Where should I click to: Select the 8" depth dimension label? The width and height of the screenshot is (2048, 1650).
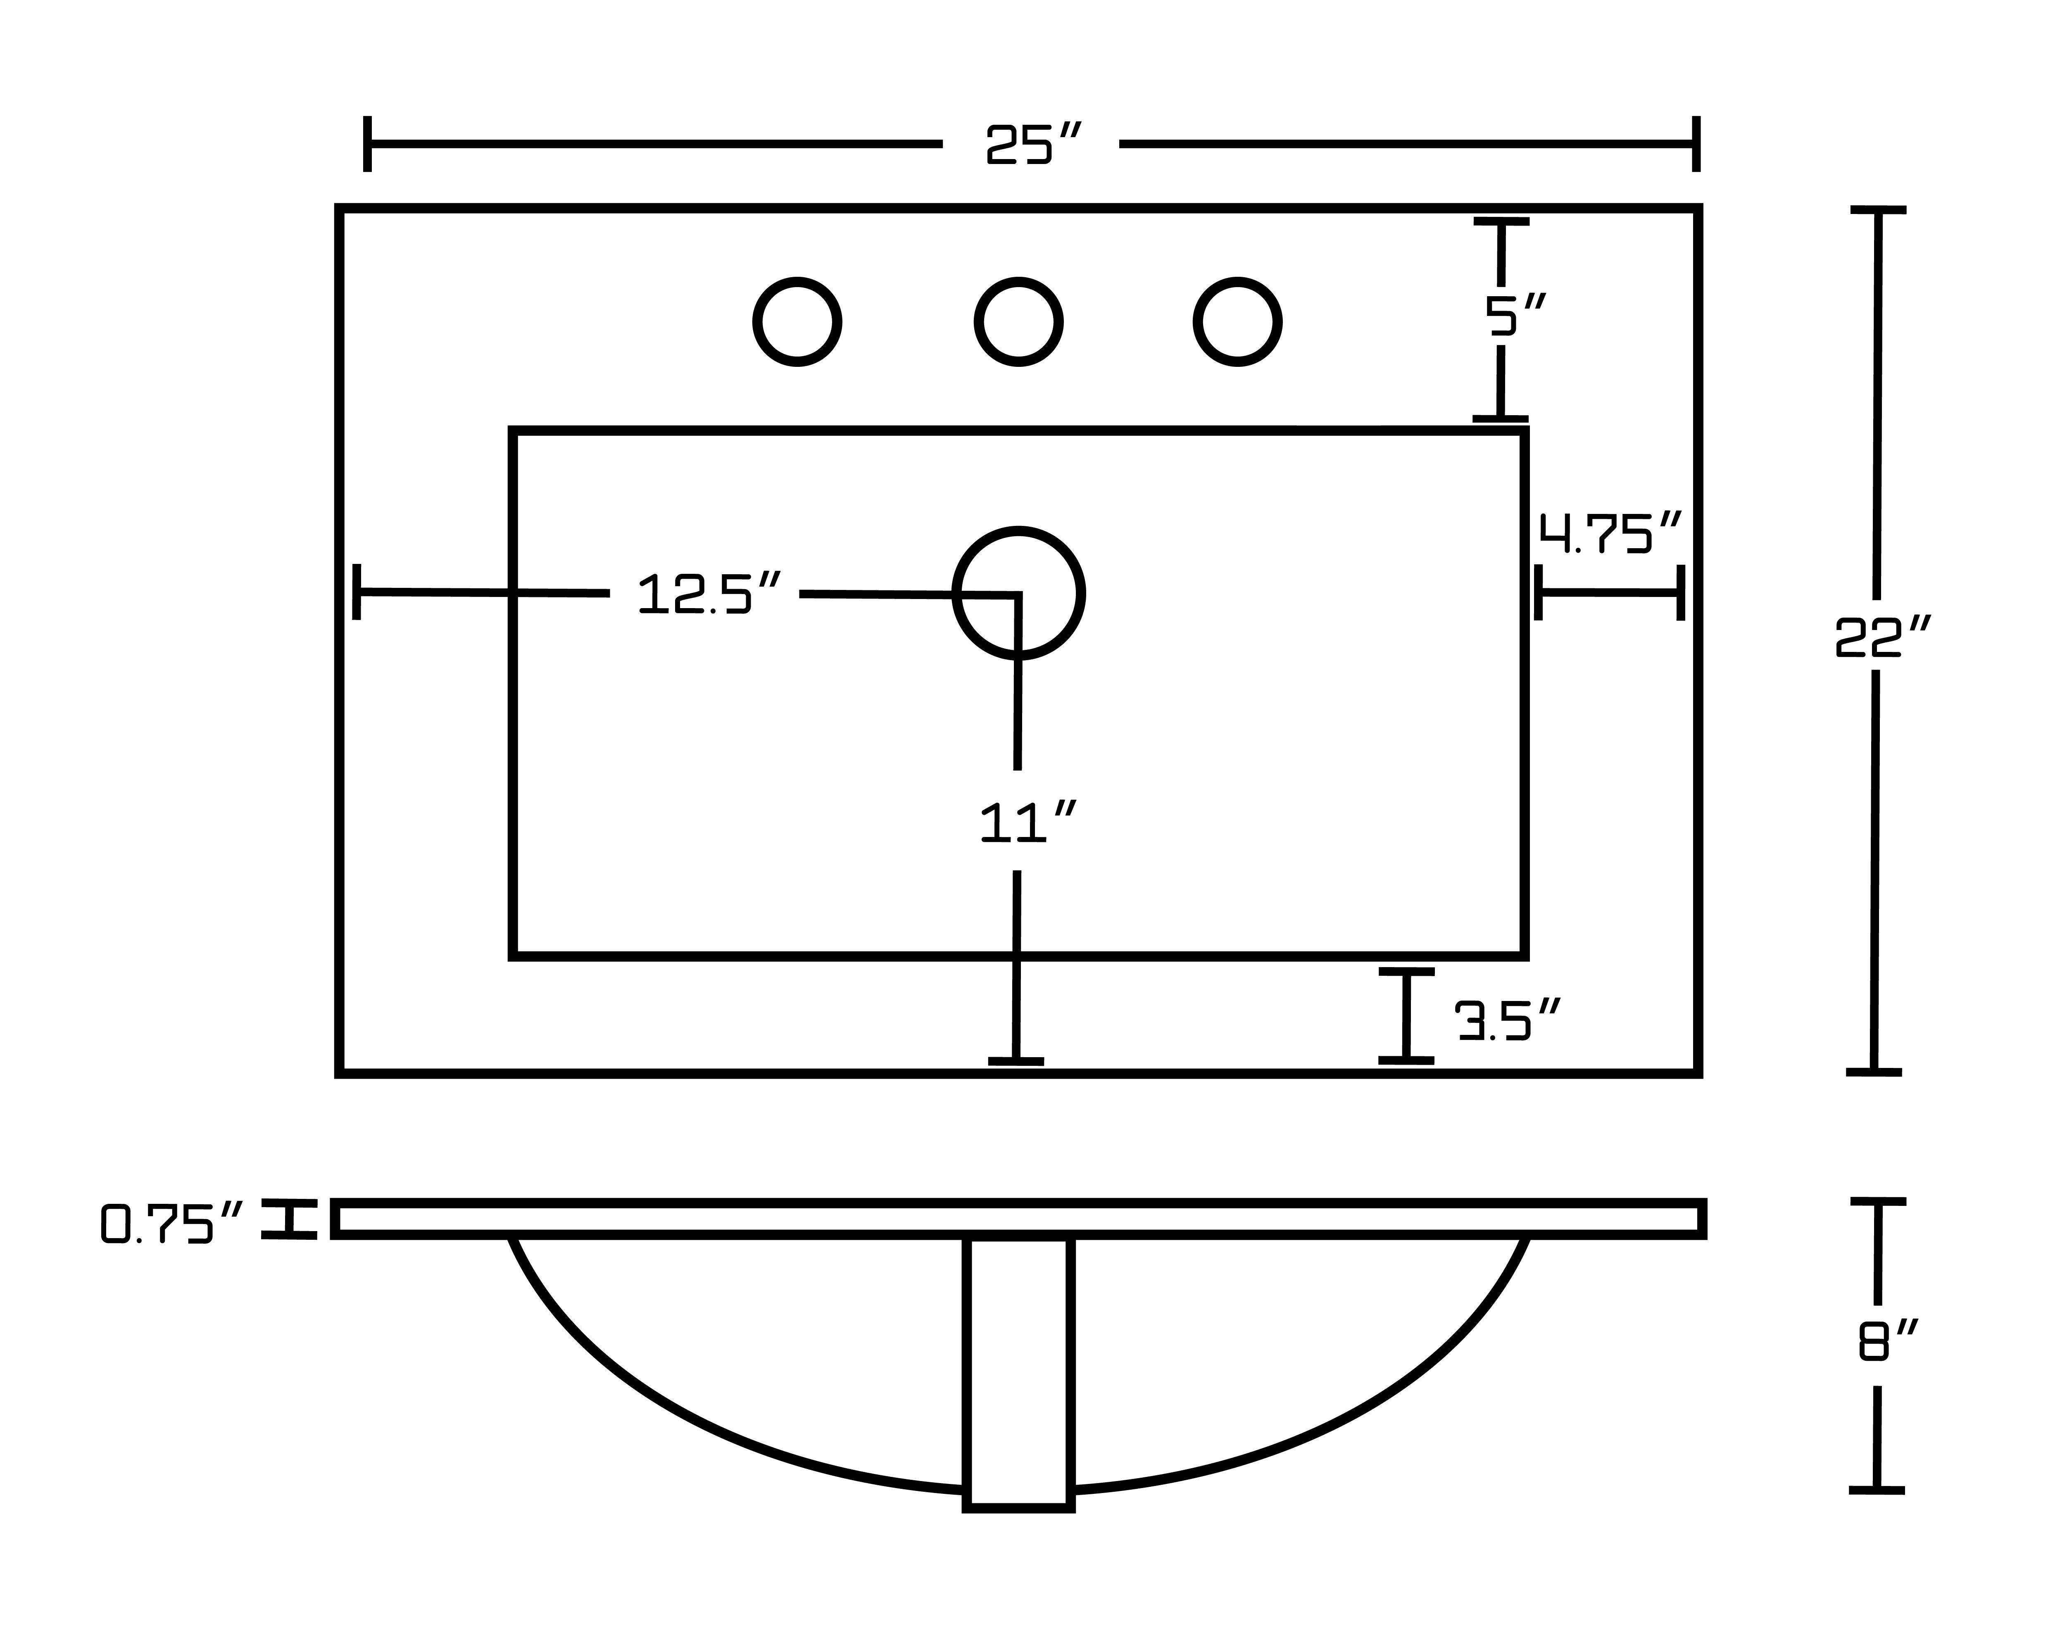pos(1887,1340)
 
